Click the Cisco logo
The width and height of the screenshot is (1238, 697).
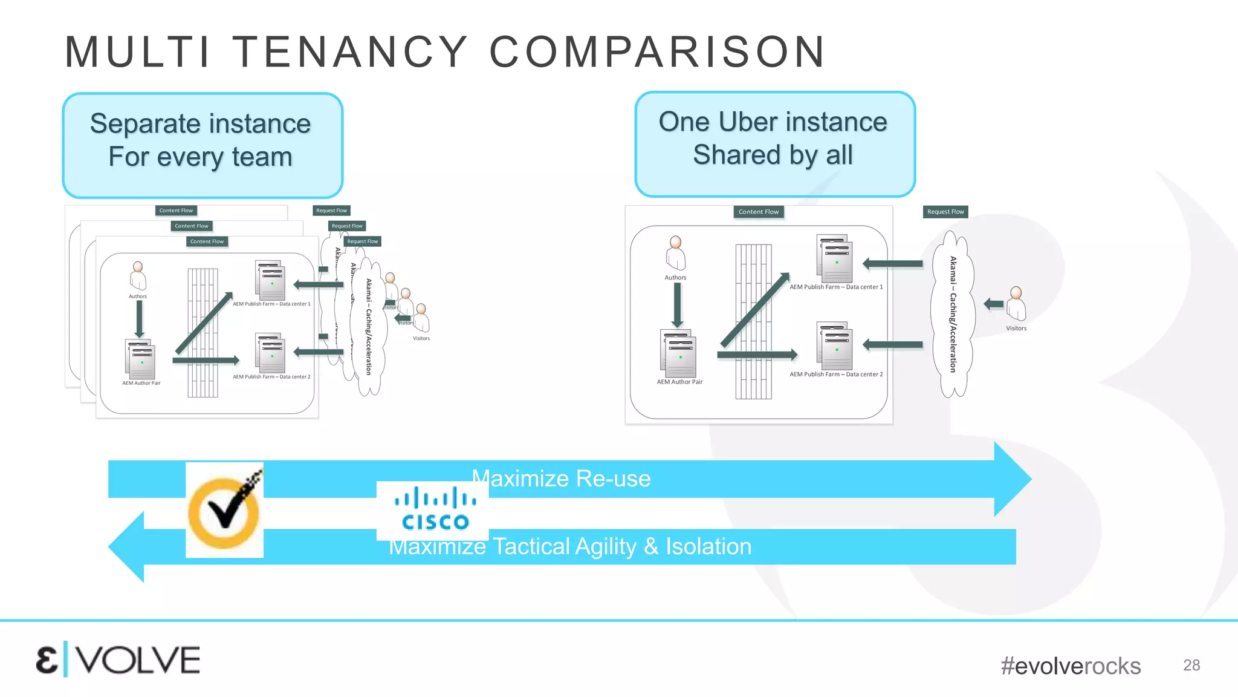[433, 510]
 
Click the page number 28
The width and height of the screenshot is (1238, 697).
[1191, 665]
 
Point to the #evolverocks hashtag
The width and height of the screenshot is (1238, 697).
[1070, 666]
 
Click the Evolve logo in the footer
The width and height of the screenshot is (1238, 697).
[118, 660]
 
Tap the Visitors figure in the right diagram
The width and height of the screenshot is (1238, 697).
[1016, 304]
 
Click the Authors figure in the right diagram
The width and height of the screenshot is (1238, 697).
[676, 253]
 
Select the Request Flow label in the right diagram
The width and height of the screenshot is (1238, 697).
[945, 212]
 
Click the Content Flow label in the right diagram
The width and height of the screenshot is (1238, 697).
[758, 212]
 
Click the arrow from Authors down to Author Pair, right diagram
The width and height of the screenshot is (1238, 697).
[678, 305]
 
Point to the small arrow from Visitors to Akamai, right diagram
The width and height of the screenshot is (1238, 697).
[993, 304]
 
